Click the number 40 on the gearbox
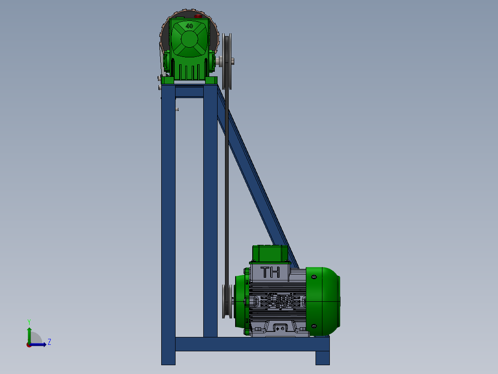pos(189,26)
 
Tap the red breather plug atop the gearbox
pos(199,16)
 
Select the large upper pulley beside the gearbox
pos(227,61)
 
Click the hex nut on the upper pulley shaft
pos(231,60)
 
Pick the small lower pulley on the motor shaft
pos(226,301)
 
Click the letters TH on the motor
pos(270,272)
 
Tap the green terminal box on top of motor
pos(270,253)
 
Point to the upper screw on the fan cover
pos(315,277)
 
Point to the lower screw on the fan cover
pos(315,326)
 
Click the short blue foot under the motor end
pos(322,357)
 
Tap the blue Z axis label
pos(49,342)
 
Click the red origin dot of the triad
pos(29,345)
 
